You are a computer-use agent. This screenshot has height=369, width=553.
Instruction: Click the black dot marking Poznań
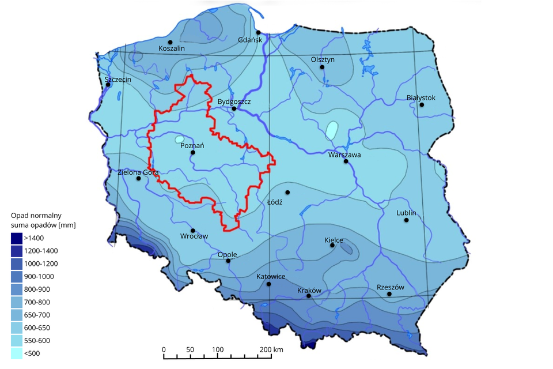193,153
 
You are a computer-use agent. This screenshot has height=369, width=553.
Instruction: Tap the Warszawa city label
344,155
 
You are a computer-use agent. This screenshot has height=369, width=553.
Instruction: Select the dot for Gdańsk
259,32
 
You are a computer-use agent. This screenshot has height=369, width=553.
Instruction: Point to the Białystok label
421,97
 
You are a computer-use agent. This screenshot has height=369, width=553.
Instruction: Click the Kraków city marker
309,296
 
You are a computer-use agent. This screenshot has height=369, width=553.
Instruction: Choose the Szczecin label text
118,79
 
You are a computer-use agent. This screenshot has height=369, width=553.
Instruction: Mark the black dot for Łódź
287,192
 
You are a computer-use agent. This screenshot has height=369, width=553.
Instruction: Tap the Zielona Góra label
138,172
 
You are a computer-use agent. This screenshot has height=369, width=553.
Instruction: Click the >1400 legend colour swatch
17,238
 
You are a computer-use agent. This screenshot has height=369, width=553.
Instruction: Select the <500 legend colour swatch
17,353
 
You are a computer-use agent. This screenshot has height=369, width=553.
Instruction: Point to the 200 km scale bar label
271,349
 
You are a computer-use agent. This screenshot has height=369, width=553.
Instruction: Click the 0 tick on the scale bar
164,349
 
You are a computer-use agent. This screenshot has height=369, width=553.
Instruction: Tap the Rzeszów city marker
389,294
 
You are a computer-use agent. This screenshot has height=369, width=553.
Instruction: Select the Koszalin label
172,49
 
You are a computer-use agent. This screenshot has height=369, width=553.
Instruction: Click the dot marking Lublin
406,220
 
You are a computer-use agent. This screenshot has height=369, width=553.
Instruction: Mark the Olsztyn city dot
323,67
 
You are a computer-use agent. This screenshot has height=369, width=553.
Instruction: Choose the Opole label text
227,254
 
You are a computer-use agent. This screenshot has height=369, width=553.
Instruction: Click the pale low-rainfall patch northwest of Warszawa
331,129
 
